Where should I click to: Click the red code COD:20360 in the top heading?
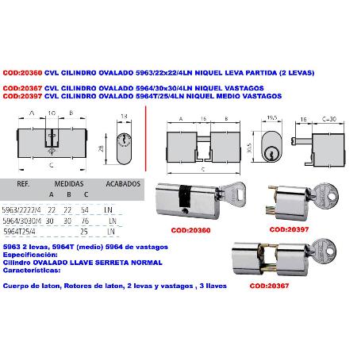pos(21,72)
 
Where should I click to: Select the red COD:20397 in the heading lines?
pos(21,95)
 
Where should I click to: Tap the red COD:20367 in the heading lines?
pos(21,88)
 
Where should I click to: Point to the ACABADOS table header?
pos(124,182)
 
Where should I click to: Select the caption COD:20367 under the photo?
pos(270,284)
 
